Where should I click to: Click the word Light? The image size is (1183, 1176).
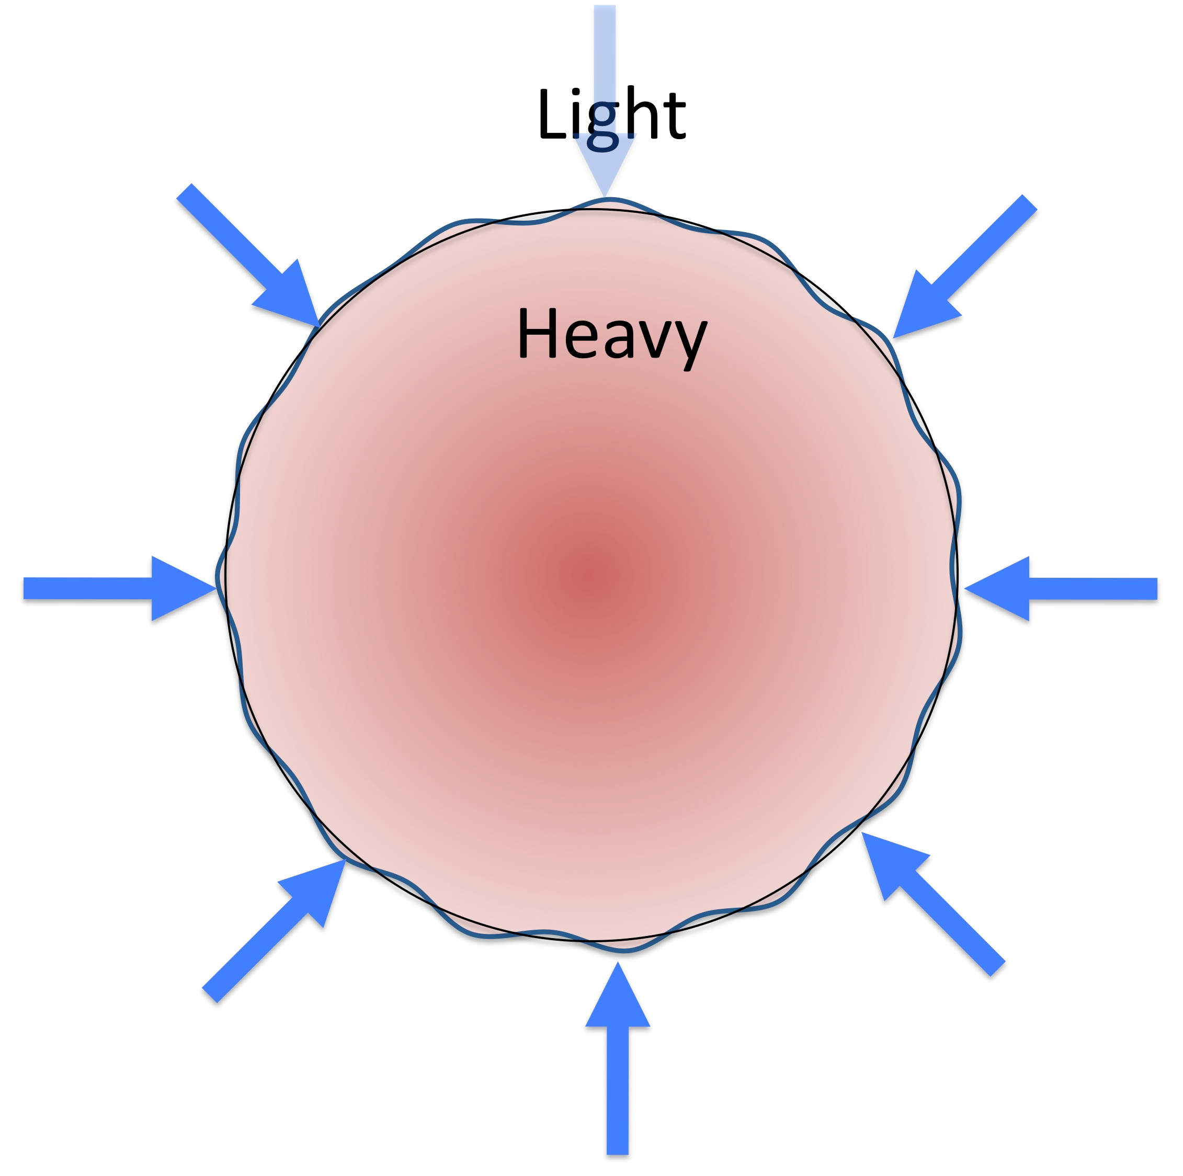click(612, 116)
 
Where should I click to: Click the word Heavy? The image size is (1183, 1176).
click(612, 337)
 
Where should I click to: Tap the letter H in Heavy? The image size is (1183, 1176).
click(538, 333)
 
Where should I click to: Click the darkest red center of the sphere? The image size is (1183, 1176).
click(593, 575)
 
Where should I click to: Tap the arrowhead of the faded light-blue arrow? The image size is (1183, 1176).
click(605, 165)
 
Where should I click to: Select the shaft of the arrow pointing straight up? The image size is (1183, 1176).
click(618, 1090)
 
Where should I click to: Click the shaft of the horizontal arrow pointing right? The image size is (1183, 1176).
click(87, 588)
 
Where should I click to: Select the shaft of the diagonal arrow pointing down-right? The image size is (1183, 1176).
click(233, 236)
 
